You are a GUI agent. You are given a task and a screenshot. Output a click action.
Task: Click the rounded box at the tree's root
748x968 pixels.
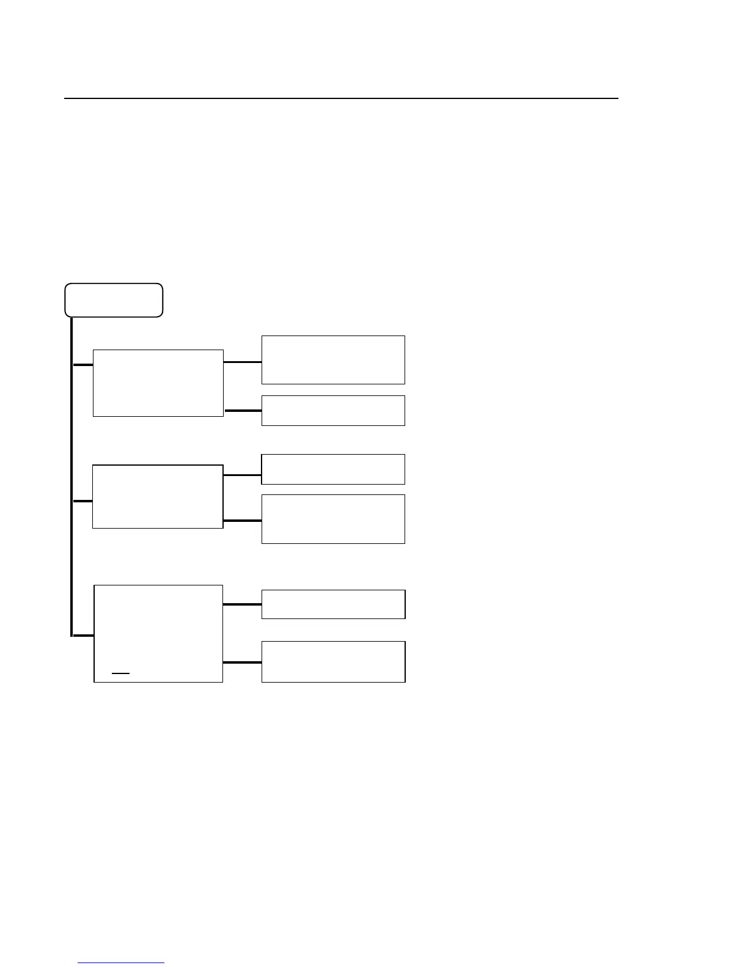(x=114, y=300)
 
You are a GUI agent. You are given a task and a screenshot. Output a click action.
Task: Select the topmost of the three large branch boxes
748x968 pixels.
(x=158, y=383)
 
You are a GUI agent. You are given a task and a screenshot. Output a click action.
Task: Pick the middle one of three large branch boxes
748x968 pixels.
(x=157, y=496)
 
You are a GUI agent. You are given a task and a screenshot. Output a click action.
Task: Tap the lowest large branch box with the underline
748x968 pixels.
(x=158, y=633)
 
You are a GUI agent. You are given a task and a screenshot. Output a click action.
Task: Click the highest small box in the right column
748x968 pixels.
(x=333, y=360)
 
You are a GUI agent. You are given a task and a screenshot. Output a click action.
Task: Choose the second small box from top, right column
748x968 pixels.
(x=333, y=411)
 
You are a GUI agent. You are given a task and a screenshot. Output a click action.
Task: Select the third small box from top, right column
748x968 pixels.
(x=333, y=469)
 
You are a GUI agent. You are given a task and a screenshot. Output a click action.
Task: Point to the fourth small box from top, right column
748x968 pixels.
(x=333, y=519)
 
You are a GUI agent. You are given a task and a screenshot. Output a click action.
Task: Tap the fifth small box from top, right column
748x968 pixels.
(x=333, y=604)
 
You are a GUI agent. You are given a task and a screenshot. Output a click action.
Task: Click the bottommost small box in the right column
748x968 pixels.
(x=333, y=661)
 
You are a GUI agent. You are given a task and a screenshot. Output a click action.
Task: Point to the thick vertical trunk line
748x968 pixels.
(x=71, y=477)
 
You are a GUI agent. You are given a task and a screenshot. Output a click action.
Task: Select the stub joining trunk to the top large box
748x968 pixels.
(x=82, y=365)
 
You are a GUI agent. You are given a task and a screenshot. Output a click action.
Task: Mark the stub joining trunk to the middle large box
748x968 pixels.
(x=82, y=501)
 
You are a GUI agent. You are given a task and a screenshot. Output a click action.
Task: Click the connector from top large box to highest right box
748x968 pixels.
(x=243, y=362)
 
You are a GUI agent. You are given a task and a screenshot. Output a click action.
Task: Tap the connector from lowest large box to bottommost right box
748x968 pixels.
(x=243, y=662)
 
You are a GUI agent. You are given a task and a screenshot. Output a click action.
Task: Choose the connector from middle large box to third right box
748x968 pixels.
(x=243, y=475)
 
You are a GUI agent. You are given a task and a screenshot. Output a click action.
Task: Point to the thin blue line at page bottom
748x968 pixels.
(x=121, y=963)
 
